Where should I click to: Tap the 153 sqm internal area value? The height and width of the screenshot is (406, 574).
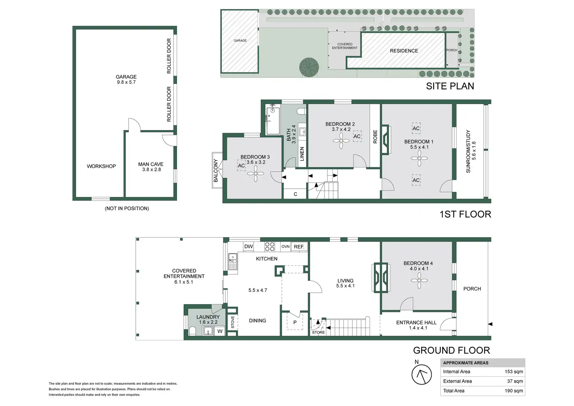pyautogui.click(x=514, y=372)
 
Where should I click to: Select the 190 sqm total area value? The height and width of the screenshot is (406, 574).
pyautogui.click(x=514, y=391)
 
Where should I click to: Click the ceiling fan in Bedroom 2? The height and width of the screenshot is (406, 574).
pyautogui.click(x=341, y=141)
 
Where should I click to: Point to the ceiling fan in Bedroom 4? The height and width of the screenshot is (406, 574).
pyautogui.click(x=419, y=280)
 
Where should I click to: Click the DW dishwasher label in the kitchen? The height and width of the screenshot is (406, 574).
pyautogui.click(x=248, y=246)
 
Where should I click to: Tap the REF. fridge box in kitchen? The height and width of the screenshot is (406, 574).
pyautogui.click(x=299, y=246)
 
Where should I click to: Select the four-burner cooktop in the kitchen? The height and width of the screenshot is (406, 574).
pyautogui.click(x=270, y=246)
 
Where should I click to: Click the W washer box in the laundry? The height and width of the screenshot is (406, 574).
pyautogui.click(x=220, y=331)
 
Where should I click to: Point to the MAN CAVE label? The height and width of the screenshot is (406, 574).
pyautogui.click(x=151, y=165)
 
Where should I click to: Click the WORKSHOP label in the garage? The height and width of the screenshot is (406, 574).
pyautogui.click(x=101, y=166)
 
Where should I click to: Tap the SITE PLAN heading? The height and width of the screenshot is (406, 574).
pyautogui.click(x=450, y=86)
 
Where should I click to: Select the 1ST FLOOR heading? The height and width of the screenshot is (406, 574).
pyautogui.click(x=465, y=214)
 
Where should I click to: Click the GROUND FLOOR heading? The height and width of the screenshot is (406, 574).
pyautogui.click(x=452, y=350)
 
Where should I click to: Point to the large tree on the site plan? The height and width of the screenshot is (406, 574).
pyautogui.click(x=309, y=67)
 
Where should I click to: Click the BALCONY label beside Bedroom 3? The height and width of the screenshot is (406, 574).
pyautogui.click(x=216, y=170)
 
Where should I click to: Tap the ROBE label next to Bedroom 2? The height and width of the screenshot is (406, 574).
pyautogui.click(x=375, y=137)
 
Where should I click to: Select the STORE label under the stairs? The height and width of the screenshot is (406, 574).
pyautogui.click(x=318, y=332)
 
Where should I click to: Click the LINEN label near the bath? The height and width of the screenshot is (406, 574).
pyautogui.click(x=302, y=154)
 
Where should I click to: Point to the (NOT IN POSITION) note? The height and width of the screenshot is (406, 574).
pyautogui.click(x=127, y=209)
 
